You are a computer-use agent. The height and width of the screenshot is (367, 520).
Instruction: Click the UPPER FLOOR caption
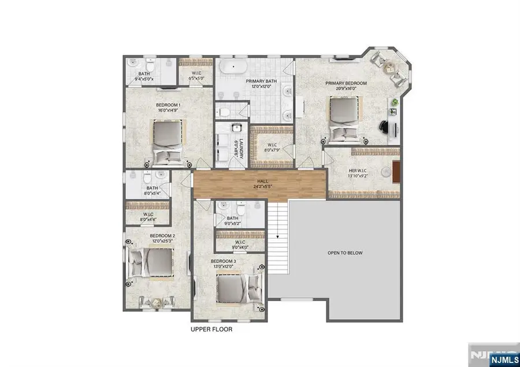tap(211, 329)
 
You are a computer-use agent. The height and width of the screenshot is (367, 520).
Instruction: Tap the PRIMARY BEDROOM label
tap(346, 83)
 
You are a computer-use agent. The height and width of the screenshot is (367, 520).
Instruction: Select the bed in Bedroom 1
tap(168, 141)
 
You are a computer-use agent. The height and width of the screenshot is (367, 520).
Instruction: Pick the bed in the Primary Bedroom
tap(345, 119)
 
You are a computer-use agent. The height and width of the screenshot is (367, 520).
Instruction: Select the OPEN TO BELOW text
tap(345, 253)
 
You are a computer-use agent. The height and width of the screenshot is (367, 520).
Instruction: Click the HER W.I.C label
tap(358, 171)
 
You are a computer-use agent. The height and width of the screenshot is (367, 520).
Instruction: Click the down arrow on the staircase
tap(277, 236)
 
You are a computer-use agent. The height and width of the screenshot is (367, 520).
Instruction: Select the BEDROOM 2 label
tap(162, 236)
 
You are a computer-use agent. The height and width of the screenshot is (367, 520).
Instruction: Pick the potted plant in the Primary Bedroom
tap(395, 102)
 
